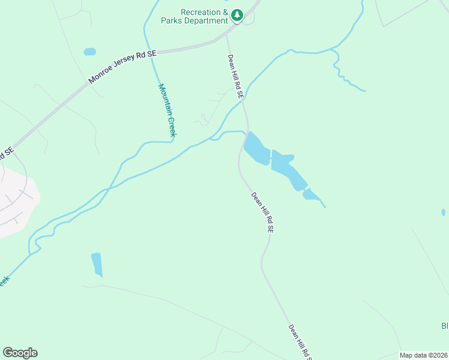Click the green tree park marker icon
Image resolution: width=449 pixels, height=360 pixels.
click(x=237, y=15)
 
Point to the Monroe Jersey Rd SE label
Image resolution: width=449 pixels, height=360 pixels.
click(x=122, y=67)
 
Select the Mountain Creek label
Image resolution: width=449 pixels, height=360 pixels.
click(x=166, y=110)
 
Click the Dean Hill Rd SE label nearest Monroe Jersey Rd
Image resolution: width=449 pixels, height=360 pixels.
click(x=235, y=77)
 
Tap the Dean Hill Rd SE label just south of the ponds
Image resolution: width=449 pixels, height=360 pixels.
click(x=263, y=212)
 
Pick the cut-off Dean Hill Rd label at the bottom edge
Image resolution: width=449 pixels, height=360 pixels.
click(x=300, y=343)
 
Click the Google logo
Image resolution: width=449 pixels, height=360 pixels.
click(x=20, y=353)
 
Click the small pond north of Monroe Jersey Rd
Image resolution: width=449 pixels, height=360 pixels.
click(x=89, y=52)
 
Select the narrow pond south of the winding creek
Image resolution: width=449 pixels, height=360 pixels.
click(x=97, y=265)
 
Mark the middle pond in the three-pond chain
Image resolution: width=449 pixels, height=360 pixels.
click(x=288, y=169)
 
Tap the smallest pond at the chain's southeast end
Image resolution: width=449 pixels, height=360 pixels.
click(x=312, y=194)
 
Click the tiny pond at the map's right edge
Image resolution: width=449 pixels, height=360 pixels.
click(x=444, y=212)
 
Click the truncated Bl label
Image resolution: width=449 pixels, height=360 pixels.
click(x=445, y=326)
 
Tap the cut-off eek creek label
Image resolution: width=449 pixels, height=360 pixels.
click(x=4, y=281)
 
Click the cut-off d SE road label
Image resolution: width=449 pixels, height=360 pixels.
click(x=5, y=154)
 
